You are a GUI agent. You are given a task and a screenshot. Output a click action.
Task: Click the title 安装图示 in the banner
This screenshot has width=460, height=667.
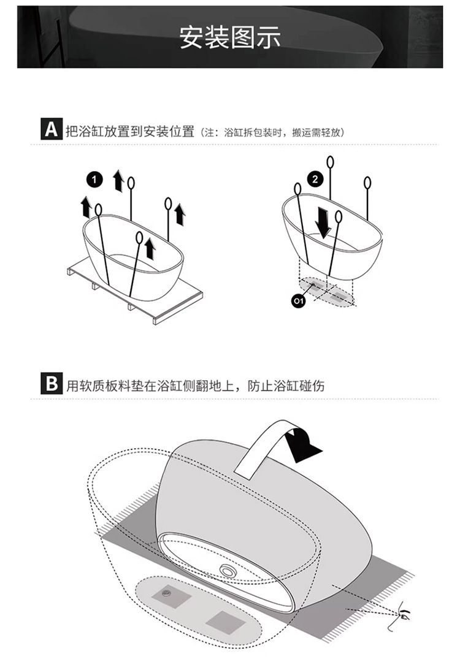[x=230, y=37]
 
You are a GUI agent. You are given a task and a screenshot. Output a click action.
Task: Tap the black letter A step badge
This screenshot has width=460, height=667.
[x=52, y=129]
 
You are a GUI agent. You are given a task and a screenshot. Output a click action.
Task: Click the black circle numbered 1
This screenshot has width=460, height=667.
[x=95, y=180]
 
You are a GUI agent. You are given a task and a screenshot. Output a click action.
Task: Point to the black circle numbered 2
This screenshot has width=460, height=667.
[x=315, y=179]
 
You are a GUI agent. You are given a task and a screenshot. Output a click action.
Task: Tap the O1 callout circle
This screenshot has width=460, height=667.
[x=299, y=301]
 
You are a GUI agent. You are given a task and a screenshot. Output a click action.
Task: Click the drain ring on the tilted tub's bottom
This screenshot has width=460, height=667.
[x=228, y=570]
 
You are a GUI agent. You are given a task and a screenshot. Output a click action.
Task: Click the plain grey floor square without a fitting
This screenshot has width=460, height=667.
[x=226, y=621]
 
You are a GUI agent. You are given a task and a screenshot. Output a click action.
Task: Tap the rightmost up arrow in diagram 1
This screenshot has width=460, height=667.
[x=180, y=215]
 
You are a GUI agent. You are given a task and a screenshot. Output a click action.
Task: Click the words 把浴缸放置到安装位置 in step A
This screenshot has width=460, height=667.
[x=130, y=131]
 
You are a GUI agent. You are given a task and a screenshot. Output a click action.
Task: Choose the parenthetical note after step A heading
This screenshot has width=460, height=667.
[x=272, y=132]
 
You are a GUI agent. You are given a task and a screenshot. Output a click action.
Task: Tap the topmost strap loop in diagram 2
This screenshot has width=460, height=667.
[x=330, y=162]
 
